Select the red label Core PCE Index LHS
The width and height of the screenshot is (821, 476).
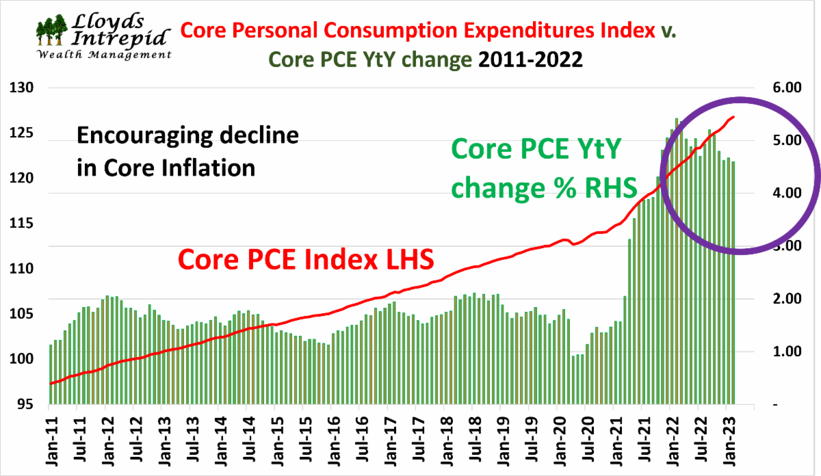coord(306,261)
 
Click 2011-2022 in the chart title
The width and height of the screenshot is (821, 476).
coord(530,59)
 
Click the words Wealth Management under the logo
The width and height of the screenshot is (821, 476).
coord(103,55)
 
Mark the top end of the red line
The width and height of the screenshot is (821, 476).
coord(734,117)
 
